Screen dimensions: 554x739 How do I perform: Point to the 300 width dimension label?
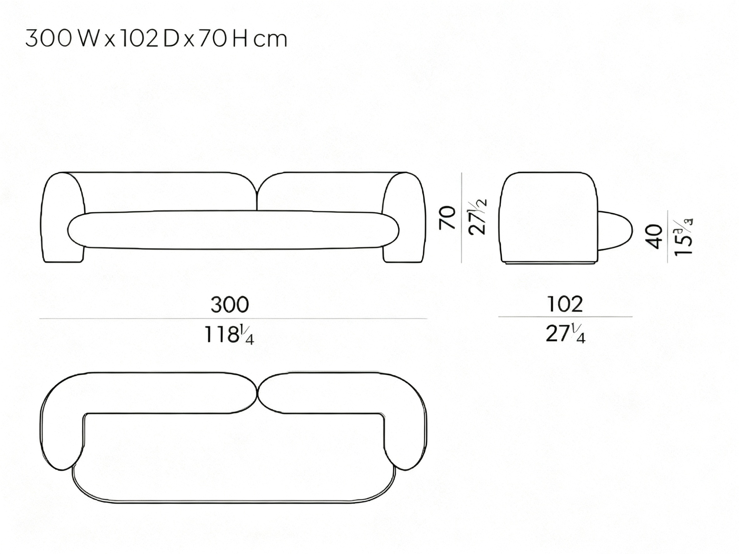[x=230, y=305]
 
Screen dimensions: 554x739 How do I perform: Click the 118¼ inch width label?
[x=229, y=335]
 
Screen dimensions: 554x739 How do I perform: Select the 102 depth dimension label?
[x=565, y=304]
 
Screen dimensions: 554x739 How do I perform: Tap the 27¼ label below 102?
[x=565, y=333]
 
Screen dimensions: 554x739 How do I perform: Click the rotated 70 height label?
[x=448, y=218]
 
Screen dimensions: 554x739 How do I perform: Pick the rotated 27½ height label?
[x=478, y=217]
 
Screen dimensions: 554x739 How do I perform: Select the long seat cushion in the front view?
[x=233, y=230]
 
